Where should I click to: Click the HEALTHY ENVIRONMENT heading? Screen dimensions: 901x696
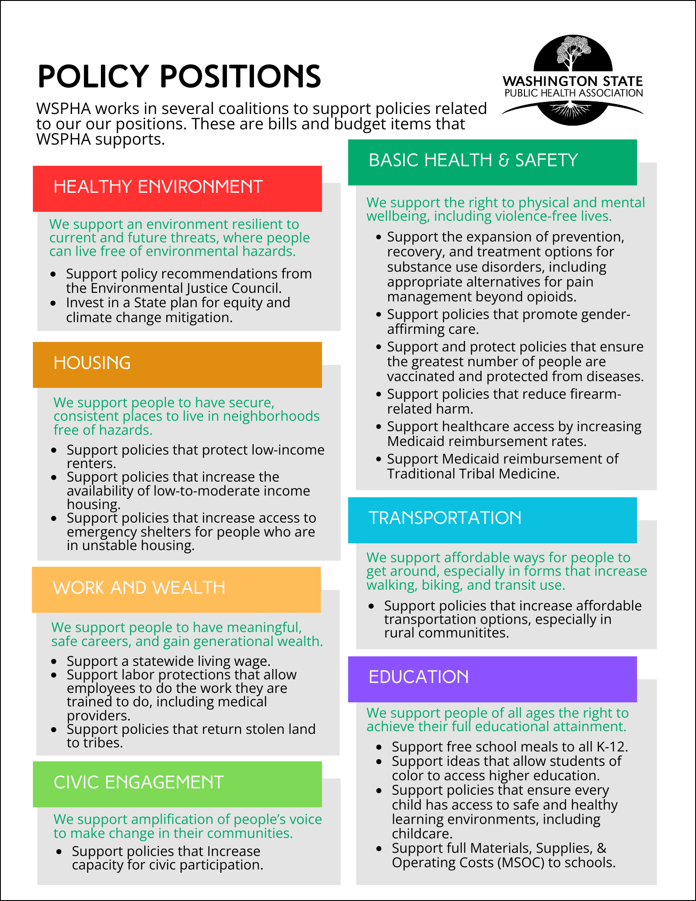point(158,187)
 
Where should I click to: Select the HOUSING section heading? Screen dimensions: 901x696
point(92,363)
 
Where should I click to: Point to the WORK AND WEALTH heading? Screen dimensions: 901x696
point(139,587)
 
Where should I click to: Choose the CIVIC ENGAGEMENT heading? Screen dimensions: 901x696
point(139,782)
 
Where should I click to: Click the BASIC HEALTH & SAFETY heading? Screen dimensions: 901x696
point(473,160)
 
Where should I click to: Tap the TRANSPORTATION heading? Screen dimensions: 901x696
point(445,518)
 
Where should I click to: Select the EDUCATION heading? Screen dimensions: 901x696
point(419,677)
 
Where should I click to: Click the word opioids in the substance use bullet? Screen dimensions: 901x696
point(550,297)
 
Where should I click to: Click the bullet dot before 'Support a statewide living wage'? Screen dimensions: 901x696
point(54,661)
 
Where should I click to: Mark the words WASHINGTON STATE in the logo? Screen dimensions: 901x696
point(573,81)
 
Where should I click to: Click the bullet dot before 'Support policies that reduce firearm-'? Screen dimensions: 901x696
point(378,394)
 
